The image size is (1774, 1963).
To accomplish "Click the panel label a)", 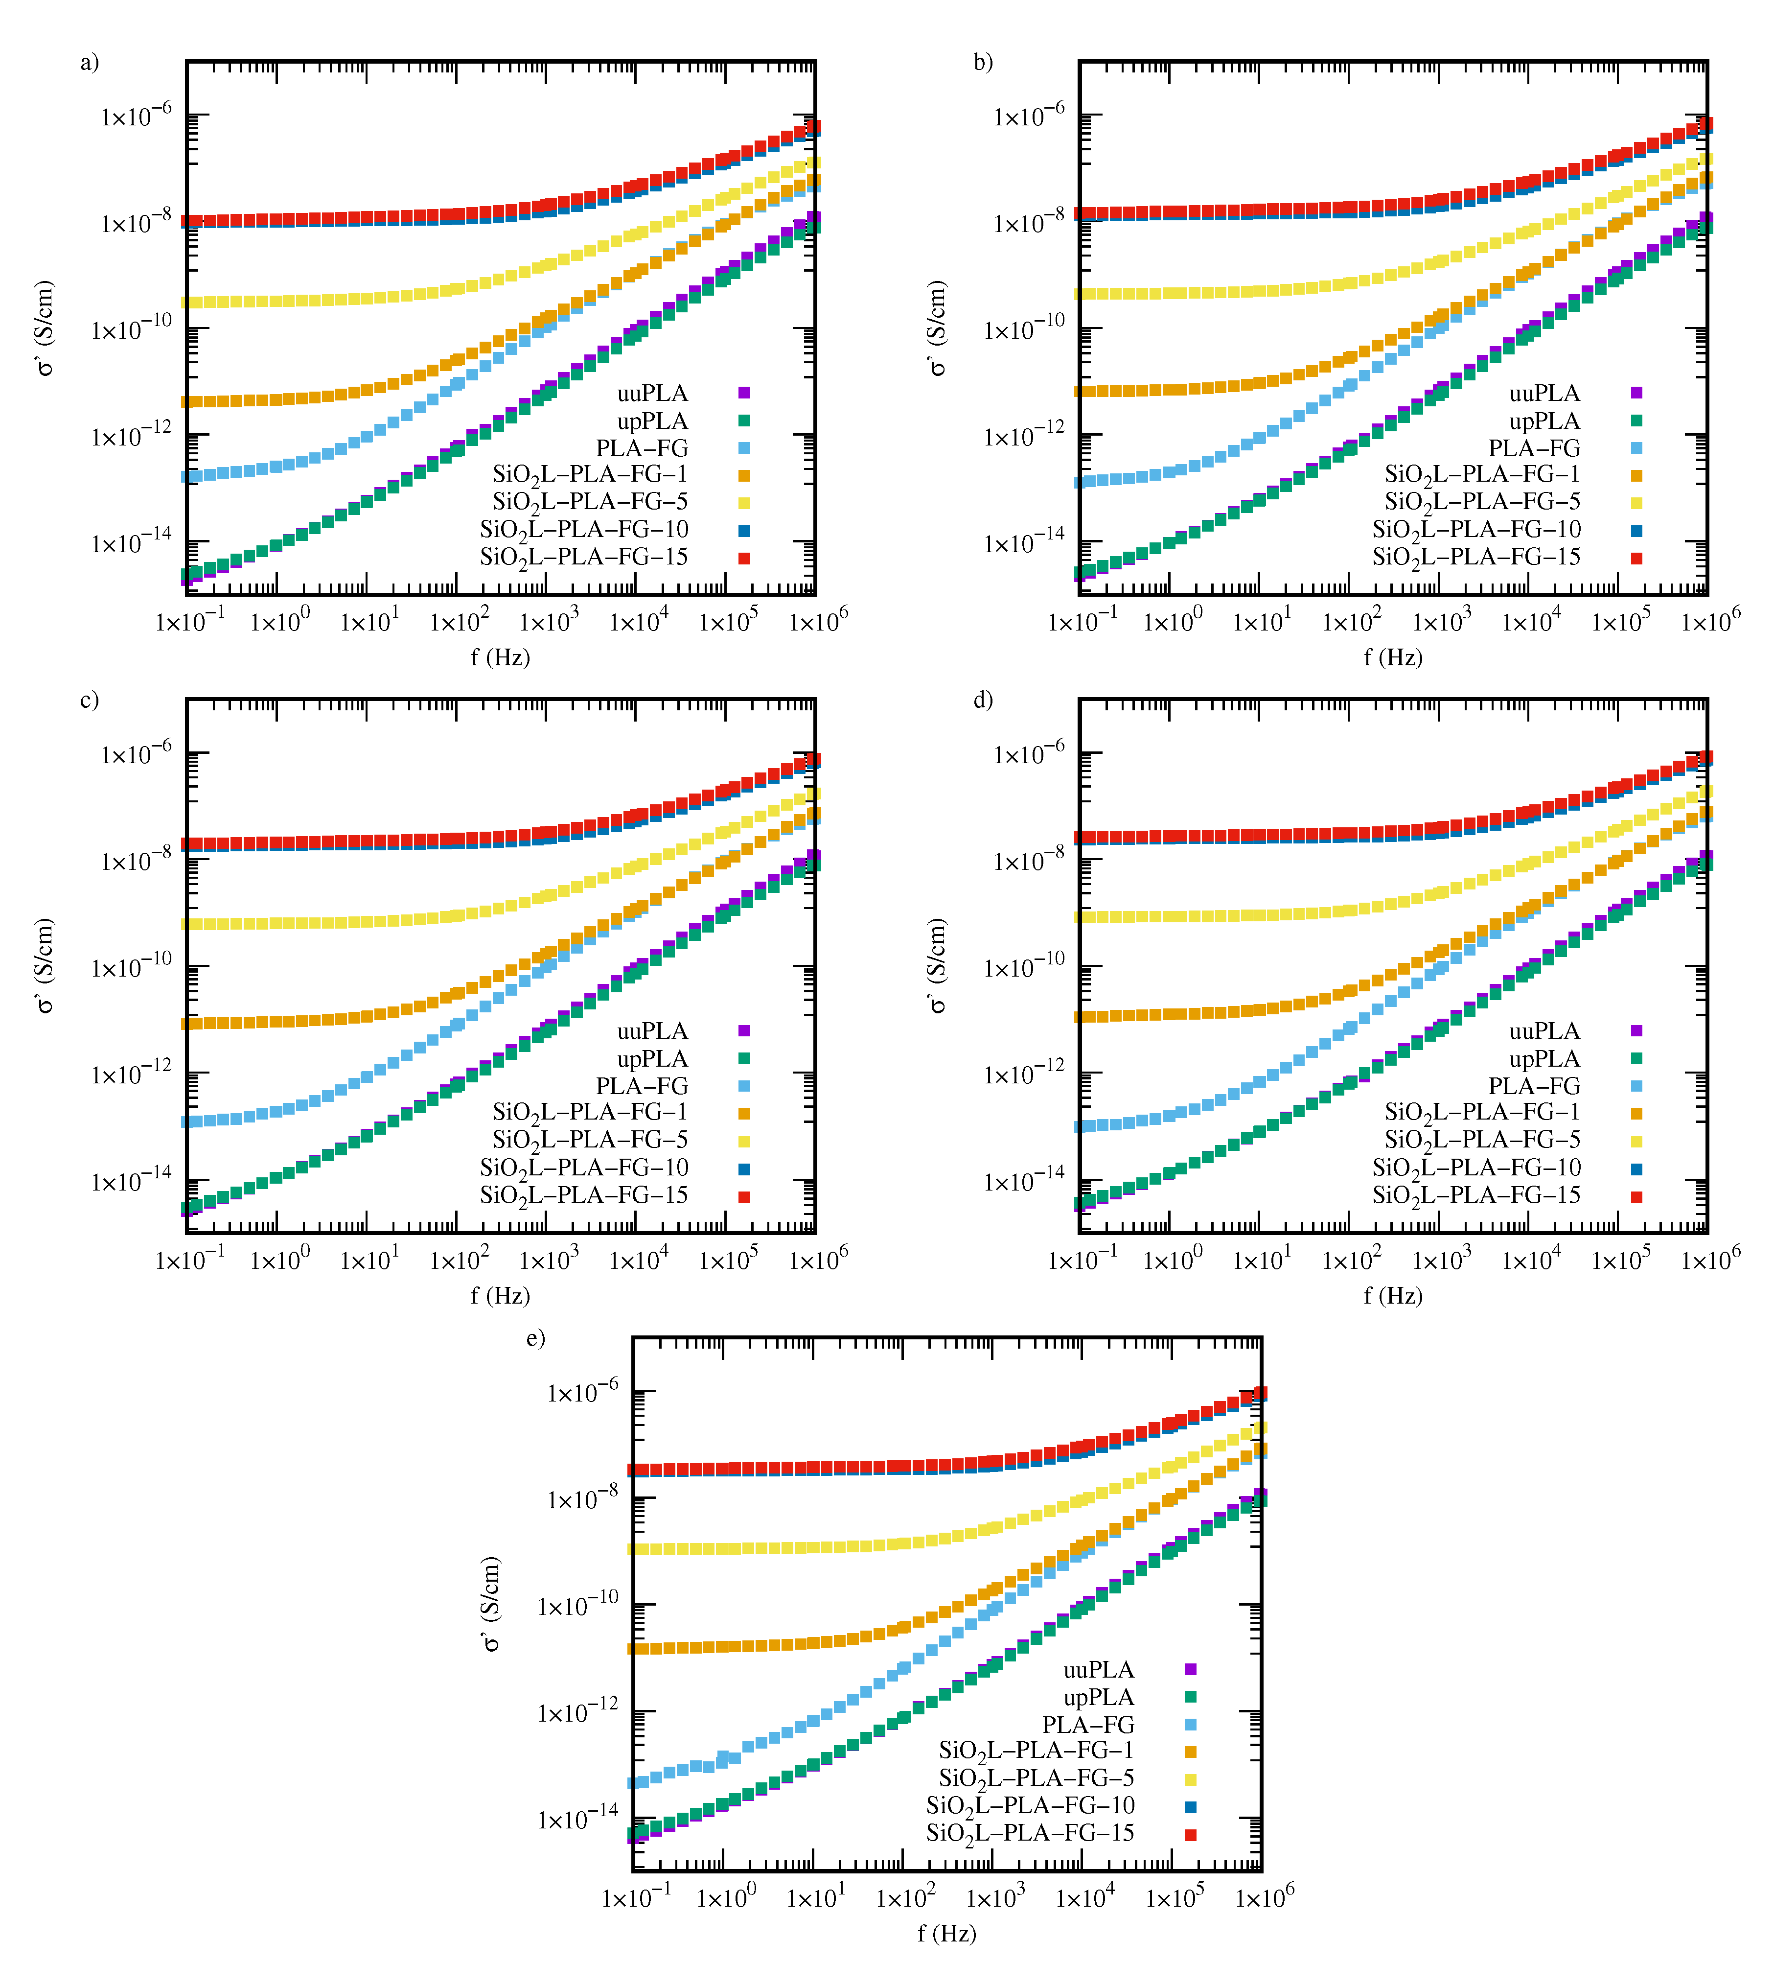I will pos(90,62).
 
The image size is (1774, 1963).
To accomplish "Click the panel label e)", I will pos(535,1339).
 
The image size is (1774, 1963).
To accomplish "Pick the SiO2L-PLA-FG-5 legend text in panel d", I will pos(1482,1140).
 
